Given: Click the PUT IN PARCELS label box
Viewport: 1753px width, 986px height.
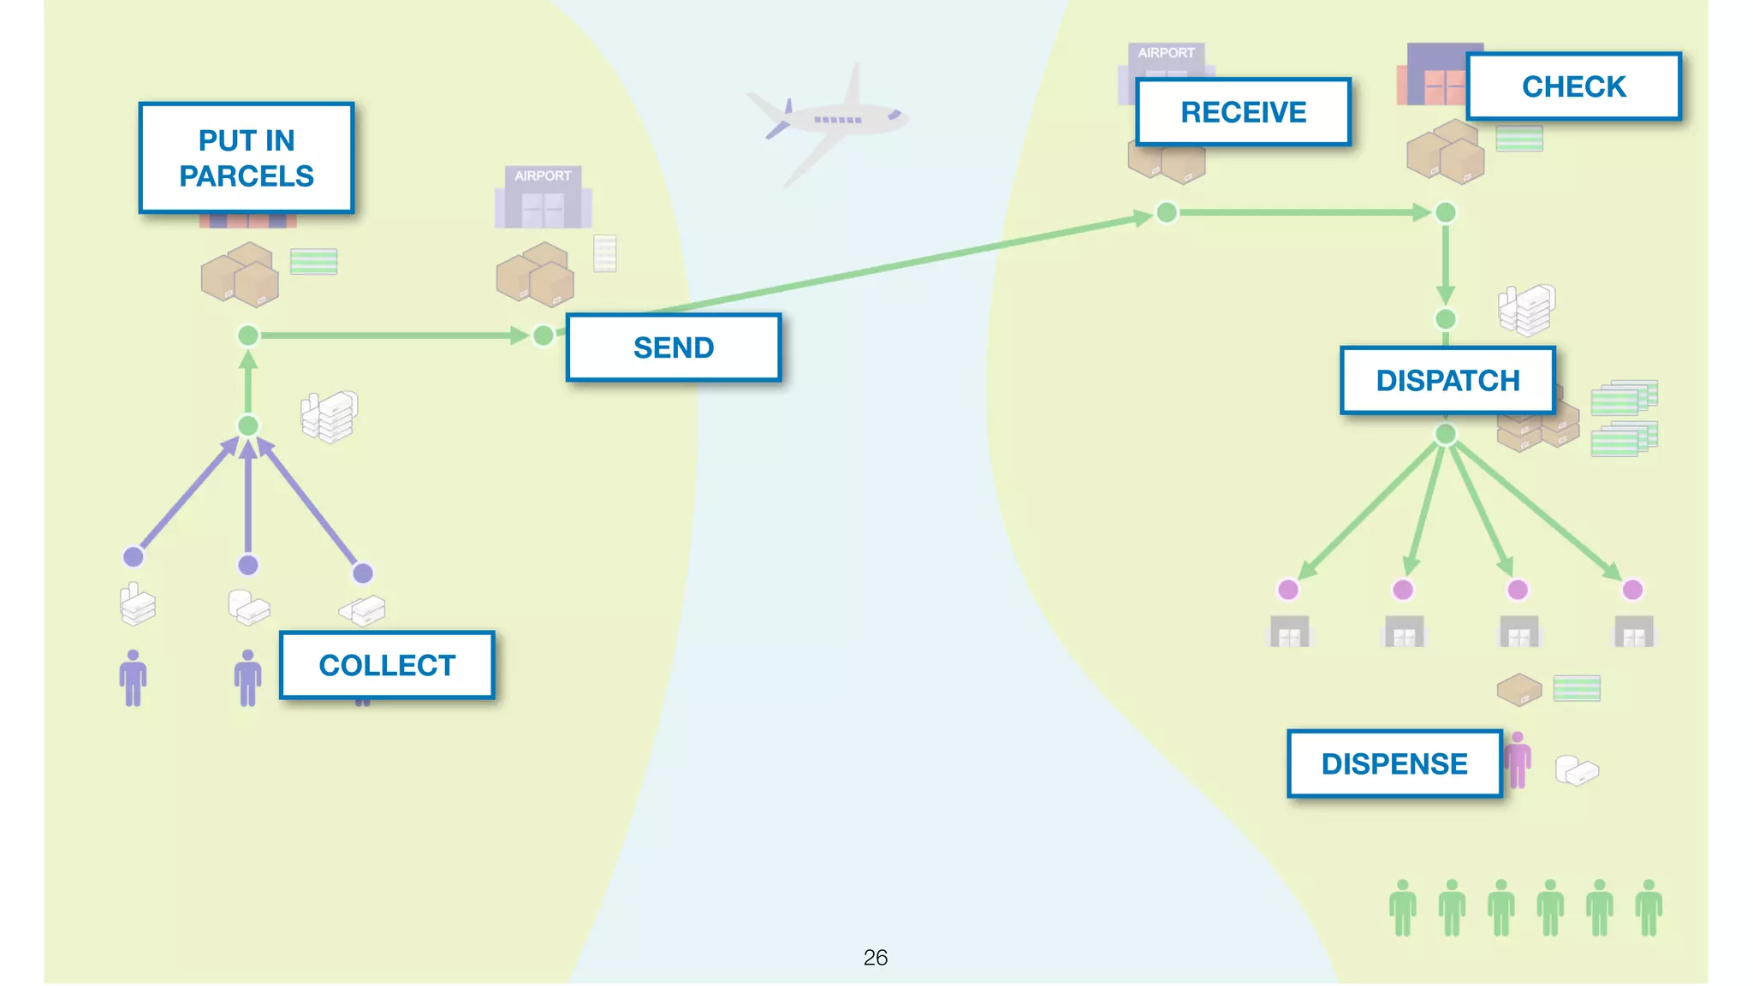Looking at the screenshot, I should (x=247, y=158).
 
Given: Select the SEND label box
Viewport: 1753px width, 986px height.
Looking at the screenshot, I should (x=674, y=347).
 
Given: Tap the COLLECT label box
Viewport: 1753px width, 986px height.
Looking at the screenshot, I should (x=387, y=665).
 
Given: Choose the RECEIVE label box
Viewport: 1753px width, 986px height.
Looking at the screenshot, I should (x=1243, y=112).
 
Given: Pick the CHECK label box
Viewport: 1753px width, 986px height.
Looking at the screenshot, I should (x=1573, y=86).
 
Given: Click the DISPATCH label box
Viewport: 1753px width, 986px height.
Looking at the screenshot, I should (x=1447, y=380).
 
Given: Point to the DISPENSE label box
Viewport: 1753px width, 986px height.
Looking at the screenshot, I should (x=1394, y=763).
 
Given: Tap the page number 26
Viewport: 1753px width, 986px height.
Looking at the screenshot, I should (x=875, y=957).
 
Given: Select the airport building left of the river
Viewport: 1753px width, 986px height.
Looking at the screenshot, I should (x=543, y=199).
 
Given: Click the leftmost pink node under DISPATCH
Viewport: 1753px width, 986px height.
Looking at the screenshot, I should (x=1288, y=590).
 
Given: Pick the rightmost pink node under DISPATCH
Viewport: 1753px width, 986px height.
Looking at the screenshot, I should (x=1632, y=590).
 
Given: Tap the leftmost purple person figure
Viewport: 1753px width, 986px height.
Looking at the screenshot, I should (x=133, y=678).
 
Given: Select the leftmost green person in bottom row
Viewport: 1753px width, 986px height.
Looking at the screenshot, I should (x=1402, y=907).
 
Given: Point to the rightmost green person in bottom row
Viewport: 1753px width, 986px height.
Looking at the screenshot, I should (x=1649, y=907).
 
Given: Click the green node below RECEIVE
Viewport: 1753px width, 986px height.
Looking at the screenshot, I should (x=1167, y=212).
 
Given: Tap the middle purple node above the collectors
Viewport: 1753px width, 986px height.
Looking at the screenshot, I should (x=248, y=565).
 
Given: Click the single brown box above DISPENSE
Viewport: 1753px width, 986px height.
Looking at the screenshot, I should (x=1518, y=689).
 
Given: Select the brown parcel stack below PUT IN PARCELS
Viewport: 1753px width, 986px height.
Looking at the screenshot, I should (x=241, y=276).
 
